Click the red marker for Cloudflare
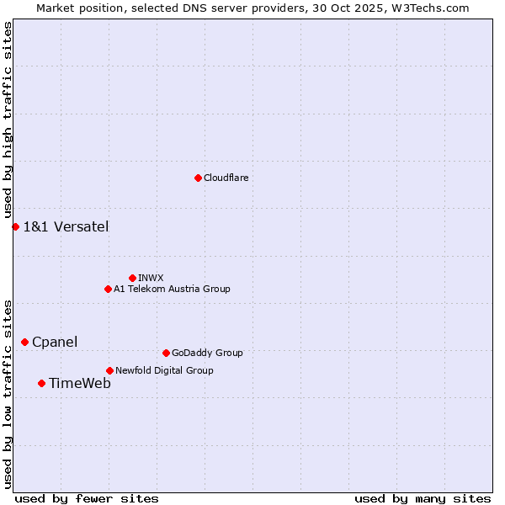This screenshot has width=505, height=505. [x=198, y=178]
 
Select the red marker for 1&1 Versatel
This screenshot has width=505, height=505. [x=15, y=226]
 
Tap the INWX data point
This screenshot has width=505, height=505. [x=132, y=278]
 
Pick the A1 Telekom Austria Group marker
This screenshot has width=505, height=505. [x=108, y=289]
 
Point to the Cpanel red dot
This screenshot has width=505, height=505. [x=24, y=342]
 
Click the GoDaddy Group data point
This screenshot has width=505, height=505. [x=166, y=353]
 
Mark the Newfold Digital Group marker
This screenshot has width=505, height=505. [x=109, y=370]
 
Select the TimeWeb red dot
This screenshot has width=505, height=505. [x=41, y=383]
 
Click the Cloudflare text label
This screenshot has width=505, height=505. [x=226, y=178]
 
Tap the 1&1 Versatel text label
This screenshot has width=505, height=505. [x=66, y=226]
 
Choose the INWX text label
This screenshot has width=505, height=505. [x=151, y=278]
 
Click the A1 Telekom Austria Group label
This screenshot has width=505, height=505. [x=172, y=289]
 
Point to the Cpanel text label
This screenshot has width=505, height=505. [x=55, y=342]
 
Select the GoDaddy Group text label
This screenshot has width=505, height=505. [x=207, y=353]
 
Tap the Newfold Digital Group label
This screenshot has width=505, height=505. [x=164, y=370]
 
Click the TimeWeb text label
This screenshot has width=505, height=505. [x=80, y=383]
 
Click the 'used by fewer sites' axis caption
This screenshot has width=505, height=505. [x=87, y=498]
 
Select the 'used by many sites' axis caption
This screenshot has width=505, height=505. [x=423, y=498]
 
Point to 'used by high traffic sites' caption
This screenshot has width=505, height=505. [x=8, y=120]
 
